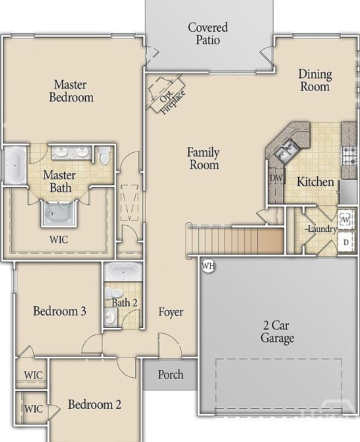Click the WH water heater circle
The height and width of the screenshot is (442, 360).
click(x=208, y=266)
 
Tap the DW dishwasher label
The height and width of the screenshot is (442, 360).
click(x=276, y=178)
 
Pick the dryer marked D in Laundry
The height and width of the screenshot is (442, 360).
click(x=346, y=242)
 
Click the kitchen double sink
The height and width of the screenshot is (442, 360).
click(x=286, y=151)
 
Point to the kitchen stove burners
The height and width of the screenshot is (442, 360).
click(x=350, y=155)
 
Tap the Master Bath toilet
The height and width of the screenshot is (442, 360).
click(x=104, y=156)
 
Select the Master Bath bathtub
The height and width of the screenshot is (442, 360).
click(x=16, y=165)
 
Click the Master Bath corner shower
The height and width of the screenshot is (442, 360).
click(x=59, y=214)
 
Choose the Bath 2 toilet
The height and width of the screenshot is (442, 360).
click(x=114, y=293)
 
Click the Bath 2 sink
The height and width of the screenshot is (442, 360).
click(x=111, y=317)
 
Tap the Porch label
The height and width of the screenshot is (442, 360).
click(x=171, y=374)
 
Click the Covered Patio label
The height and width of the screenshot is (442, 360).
click(x=208, y=34)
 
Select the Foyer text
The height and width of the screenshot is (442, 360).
click(x=171, y=312)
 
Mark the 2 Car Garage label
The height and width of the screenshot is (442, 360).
click(x=277, y=331)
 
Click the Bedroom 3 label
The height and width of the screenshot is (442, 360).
click(x=60, y=311)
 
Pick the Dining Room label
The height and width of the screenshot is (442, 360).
click(x=315, y=80)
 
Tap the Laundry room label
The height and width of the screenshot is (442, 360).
click(x=322, y=229)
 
